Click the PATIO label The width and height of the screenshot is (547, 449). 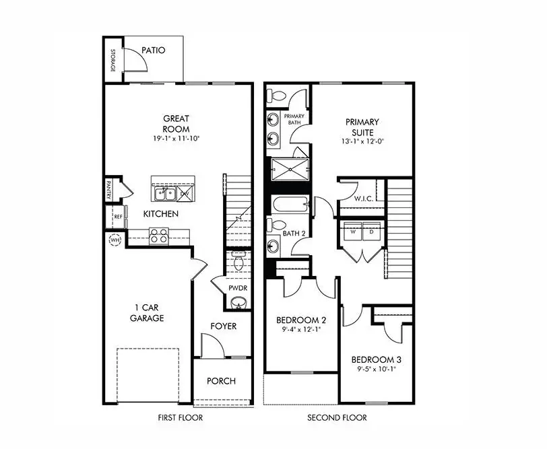154,50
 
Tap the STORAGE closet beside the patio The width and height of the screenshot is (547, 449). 112,61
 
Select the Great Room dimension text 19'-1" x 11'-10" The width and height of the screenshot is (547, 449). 176,139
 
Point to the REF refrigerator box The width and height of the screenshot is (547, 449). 117,217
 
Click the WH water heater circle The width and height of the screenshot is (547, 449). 113,239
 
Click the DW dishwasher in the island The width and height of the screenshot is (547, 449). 185,194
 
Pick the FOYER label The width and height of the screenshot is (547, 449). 222,326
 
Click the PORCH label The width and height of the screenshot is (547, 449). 221,381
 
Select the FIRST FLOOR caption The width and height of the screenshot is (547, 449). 180,418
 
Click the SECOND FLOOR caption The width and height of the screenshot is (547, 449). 337,418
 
